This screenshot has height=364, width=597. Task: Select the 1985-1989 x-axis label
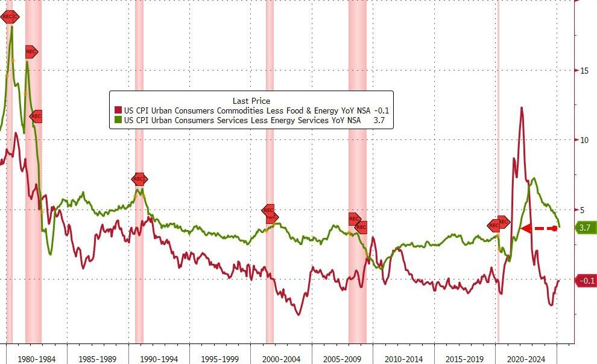coord(98,359)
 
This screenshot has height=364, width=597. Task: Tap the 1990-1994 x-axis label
coord(159,359)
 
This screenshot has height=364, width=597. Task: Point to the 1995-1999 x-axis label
coord(220,359)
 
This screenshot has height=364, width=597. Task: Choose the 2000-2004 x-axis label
coord(282,359)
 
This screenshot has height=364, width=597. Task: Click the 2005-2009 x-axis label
coord(343,359)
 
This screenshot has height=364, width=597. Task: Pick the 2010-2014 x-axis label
coord(404,359)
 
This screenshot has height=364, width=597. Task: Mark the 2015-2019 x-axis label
coord(465,359)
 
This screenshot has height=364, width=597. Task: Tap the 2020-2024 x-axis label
coord(526,359)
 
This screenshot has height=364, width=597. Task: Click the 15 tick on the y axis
coord(584,71)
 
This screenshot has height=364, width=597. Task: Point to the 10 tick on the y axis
coord(584,140)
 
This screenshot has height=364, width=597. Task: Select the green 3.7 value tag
coord(584,228)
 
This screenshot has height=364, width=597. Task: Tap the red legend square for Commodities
coord(118,111)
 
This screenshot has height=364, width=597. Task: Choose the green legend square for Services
coord(118,121)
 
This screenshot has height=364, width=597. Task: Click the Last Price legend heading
coord(251,101)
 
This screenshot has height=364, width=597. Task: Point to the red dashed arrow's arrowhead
coord(525,228)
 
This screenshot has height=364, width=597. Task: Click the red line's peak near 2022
coord(521,108)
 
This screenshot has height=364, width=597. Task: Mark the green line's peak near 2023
coord(533,179)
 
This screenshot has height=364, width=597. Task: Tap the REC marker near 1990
coord(139,179)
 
